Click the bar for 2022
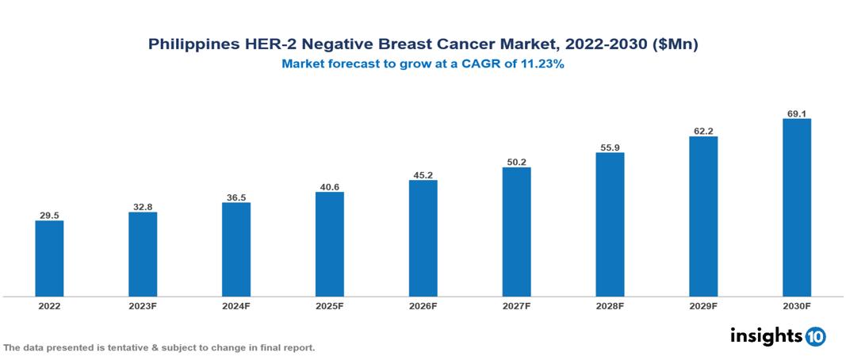(49, 259)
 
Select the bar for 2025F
(329, 244)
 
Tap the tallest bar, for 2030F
(796, 208)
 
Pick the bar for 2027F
(516, 232)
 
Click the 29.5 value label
(49, 215)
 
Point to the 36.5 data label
(236, 197)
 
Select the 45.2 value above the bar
(423, 174)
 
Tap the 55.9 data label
(610, 147)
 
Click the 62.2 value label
(703, 131)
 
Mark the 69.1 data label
(796, 113)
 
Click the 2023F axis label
(143, 306)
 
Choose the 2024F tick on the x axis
(236, 306)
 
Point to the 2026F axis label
(423, 306)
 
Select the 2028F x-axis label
(610, 306)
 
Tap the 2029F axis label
(703, 306)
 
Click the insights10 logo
(777, 336)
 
